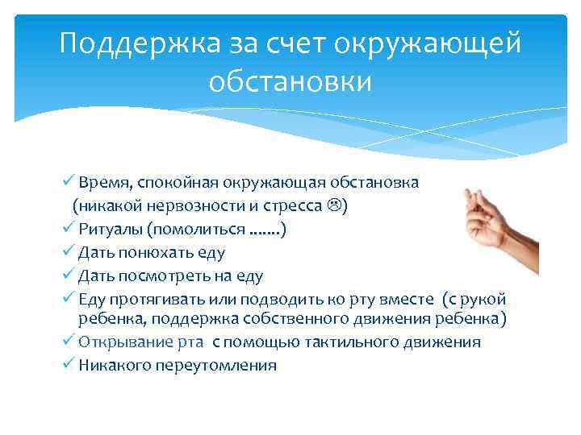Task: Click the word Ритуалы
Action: (x=107, y=230)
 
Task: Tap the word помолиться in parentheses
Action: (x=203, y=230)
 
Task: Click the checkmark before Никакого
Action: (x=69, y=364)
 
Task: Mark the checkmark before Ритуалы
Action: (x=69, y=229)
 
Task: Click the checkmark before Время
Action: (x=69, y=181)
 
